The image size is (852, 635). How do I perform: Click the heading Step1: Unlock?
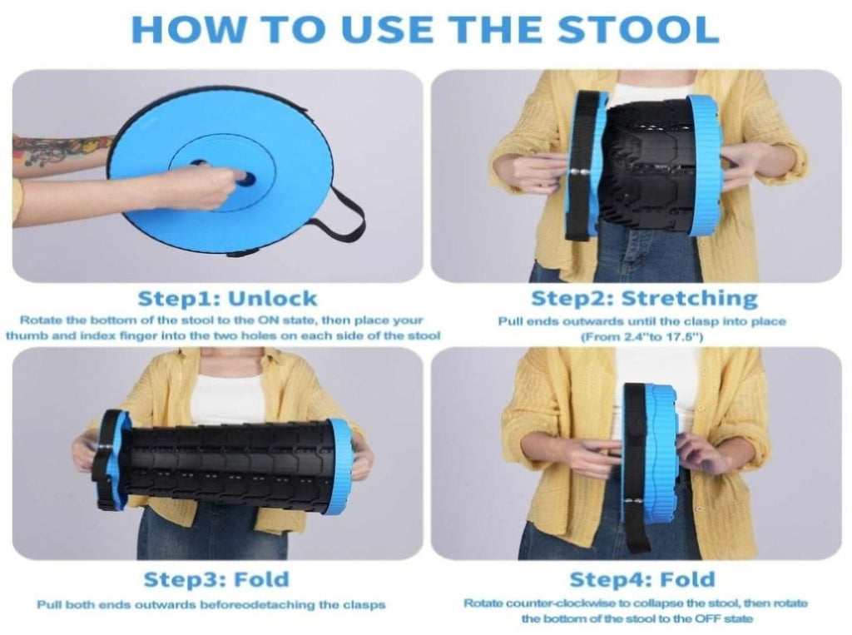[x=227, y=299]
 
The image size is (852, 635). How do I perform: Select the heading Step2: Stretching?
[x=644, y=299]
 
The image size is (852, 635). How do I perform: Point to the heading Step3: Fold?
[x=216, y=579]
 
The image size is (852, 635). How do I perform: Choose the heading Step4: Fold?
[x=642, y=579]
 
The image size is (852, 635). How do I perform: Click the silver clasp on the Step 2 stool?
[x=577, y=172]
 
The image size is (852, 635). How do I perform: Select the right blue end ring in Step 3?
[x=341, y=461]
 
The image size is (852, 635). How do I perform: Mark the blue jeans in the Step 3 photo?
[x=217, y=530]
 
